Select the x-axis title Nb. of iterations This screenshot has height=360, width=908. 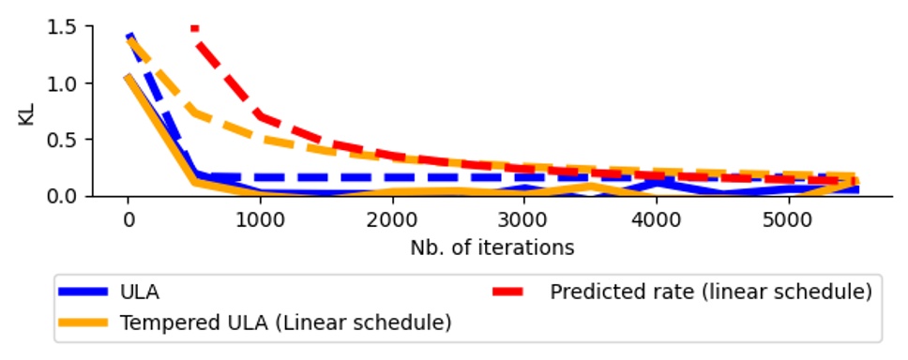(492, 248)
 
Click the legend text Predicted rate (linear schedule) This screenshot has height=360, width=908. (710, 292)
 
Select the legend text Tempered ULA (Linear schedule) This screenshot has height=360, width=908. (285, 323)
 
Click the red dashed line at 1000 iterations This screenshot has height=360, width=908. (260, 116)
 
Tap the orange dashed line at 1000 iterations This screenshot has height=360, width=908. (260, 139)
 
